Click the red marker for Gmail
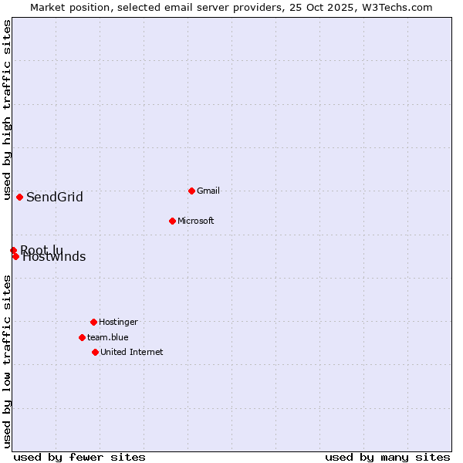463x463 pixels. point(191,191)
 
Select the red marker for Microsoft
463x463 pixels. point(172,221)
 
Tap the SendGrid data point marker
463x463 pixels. point(19,197)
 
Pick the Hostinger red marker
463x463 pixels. point(93,322)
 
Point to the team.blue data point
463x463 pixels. point(82,337)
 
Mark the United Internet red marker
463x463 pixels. point(95,352)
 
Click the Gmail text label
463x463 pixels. point(208,191)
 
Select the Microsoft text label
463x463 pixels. point(196,221)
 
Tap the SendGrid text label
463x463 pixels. point(55,197)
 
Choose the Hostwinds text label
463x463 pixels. point(55,258)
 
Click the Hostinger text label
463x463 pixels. point(118,322)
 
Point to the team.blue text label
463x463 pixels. point(108,337)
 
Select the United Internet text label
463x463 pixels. point(132,352)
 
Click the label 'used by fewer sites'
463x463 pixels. point(79,457)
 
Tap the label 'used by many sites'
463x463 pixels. point(387,457)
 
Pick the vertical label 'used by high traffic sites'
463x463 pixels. point(7,110)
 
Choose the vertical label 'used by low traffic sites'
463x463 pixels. point(7,361)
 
